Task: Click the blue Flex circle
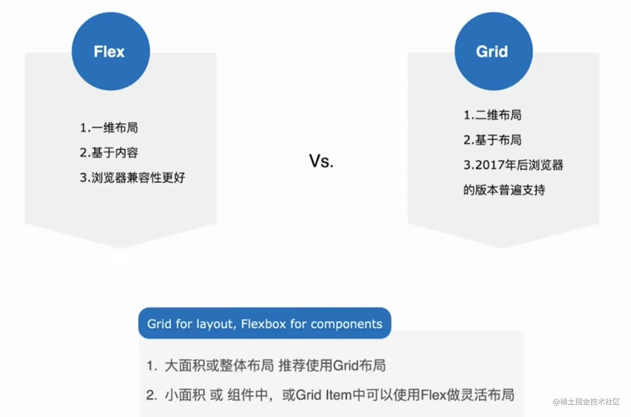tap(111, 51)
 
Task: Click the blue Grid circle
tap(493, 51)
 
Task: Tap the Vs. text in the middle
tap(321, 161)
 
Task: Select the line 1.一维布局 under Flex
tap(109, 128)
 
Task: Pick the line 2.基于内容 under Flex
tap(109, 153)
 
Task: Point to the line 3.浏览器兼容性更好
tap(132, 178)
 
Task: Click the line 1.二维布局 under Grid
tap(492, 115)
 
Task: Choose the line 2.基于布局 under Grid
tap(492, 140)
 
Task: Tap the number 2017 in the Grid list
tap(490, 165)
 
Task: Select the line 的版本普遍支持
tap(504, 191)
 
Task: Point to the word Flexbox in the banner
tap(263, 324)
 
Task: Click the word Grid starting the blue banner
tap(159, 324)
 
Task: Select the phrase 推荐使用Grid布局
tap(332, 366)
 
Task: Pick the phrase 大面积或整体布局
tap(219, 366)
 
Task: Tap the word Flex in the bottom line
tap(433, 395)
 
